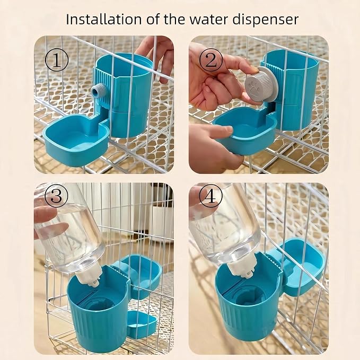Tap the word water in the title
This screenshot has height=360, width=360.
(209, 20)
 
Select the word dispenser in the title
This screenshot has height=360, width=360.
(266, 20)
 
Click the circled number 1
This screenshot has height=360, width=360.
(57, 60)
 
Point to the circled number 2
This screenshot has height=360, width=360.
(211, 60)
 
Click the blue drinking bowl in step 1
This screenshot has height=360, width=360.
(76, 139)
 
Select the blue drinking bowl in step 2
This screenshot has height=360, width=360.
(245, 129)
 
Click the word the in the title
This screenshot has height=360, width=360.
(174, 20)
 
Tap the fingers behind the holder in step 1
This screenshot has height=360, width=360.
(159, 57)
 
